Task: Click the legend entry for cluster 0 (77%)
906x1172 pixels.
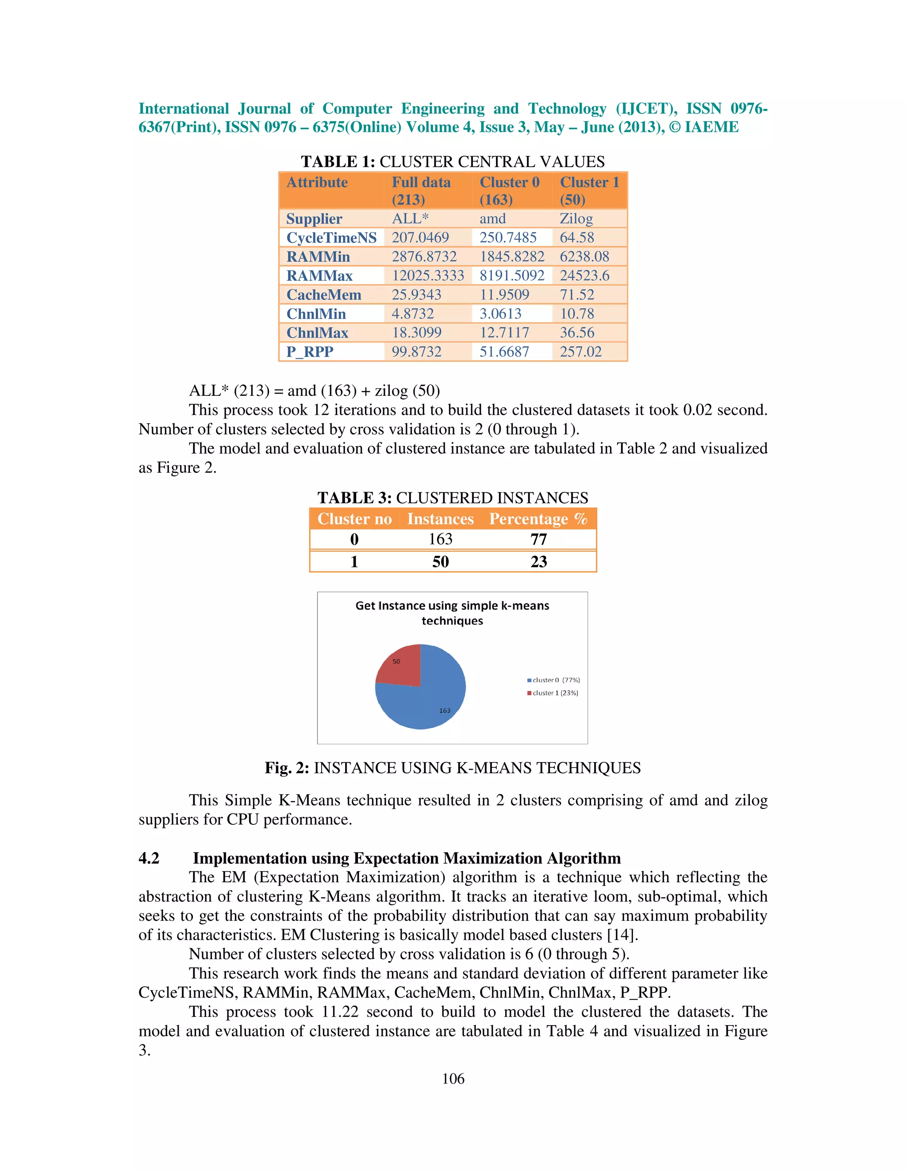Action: pyautogui.click(x=553, y=680)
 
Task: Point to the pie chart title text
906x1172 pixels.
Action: pyautogui.click(x=452, y=613)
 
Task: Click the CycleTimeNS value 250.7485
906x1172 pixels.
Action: pyautogui.click(x=508, y=237)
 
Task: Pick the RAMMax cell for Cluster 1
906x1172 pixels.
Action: pyautogui.click(x=584, y=275)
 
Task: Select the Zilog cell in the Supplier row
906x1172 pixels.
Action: pyautogui.click(x=576, y=218)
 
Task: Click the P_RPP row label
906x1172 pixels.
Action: pyautogui.click(x=310, y=352)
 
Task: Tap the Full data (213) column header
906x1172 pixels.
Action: pyautogui.click(x=421, y=191)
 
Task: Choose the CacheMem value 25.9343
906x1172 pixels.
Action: pyautogui.click(x=416, y=294)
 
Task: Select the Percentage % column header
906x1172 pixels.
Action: pyautogui.click(x=538, y=518)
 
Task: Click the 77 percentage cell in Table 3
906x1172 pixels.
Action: pyautogui.click(x=538, y=539)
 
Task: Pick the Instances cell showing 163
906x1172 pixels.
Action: pyautogui.click(x=440, y=539)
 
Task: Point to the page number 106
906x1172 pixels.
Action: pyautogui.click(x=453, y=1079)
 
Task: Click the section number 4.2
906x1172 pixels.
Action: pyautogui.click(x=149, y=858)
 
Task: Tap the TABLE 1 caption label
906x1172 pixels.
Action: pyautogui.click(x=338, y=161)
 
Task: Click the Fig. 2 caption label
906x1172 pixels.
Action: pyautogui.click(x=287, y=768)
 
